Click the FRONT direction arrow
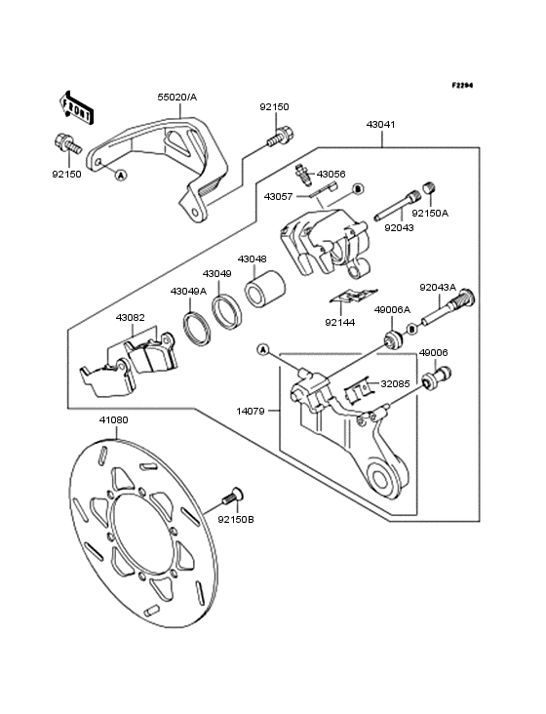[76, 107]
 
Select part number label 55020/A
[177, 97]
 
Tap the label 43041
[381, 124]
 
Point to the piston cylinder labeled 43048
[265, 289]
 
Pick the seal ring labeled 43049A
[197, 329]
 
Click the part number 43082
[130, 317]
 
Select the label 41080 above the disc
[114, 419]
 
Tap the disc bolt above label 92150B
[233, 496]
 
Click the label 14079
[251, 412]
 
